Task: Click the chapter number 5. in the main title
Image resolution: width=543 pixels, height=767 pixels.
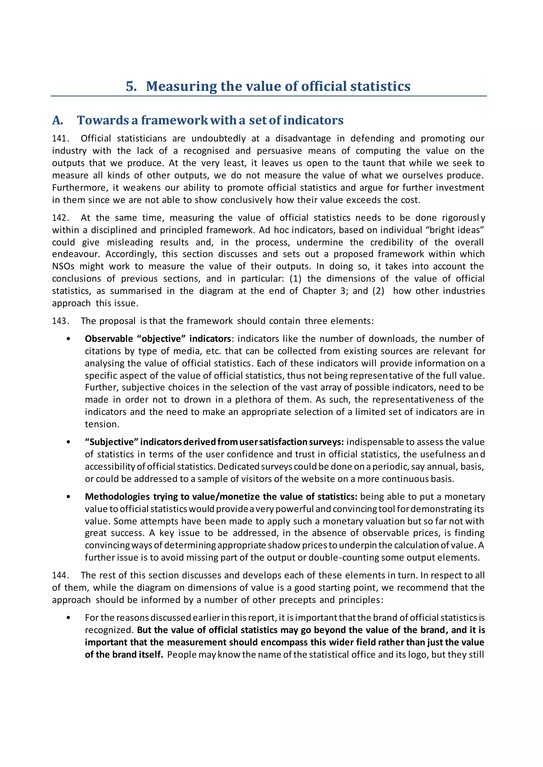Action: click(x=131, y=86)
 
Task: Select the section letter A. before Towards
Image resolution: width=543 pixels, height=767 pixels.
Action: click(x=58, y=120)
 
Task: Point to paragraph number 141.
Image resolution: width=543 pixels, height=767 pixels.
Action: click(x=60, y=139)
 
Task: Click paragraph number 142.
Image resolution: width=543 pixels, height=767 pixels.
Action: click(x=60, y=218)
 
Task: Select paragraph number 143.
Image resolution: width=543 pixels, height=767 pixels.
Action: click(x=60, y=321)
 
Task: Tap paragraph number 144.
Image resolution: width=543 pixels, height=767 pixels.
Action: click(x=60, y=575)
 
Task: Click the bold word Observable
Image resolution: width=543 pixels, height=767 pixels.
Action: click(x=109, y=339)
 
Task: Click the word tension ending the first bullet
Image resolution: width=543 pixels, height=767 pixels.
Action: click(x=101, y=424)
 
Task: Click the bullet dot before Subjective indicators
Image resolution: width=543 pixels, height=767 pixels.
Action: click(x=69, y=442)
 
